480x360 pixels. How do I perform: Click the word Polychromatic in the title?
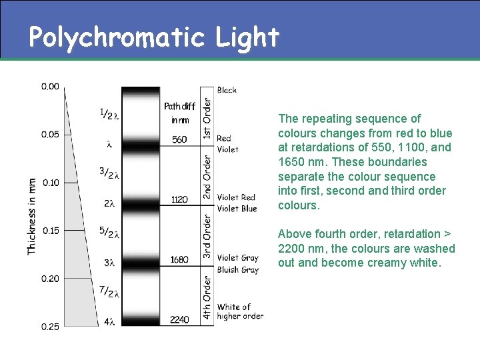tap(117, 37)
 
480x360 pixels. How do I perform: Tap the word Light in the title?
tap(247, 37)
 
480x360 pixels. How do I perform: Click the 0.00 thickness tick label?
tap(50, 86)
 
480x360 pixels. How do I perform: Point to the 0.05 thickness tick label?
tap(50, 134)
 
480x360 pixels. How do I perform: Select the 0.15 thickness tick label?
tap(50, 231)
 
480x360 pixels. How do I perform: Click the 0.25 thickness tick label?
tap(50, 326)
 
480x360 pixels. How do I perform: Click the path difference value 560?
tap(179, 140)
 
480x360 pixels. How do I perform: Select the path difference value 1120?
tap(179, 199)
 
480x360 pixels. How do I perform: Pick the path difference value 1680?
tap(179, 259)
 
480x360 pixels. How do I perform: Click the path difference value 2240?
tap(179, 320)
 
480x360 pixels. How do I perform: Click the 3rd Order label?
tap(207, 237)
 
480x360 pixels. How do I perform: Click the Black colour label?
tap(227, 90)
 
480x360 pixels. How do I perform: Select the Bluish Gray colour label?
tap(237, 270)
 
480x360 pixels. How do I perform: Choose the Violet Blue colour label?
tap(237, 209)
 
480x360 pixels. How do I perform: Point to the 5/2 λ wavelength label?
tap(109, 233)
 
